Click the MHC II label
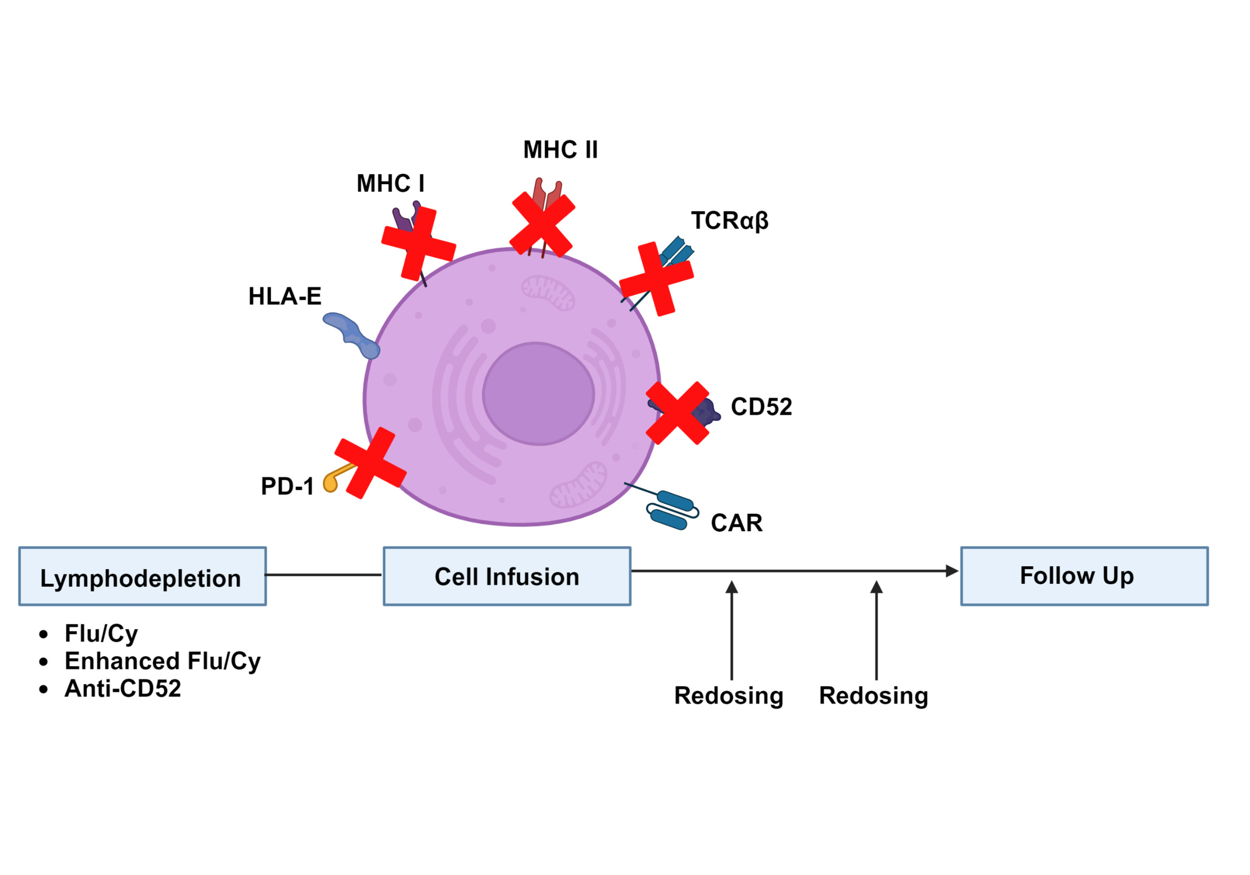pos(560,150)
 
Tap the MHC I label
pos(391,184)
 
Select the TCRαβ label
pos(730,220)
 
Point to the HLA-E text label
pos(285,297)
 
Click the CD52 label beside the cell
pos(761,407)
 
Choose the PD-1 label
pos(288,486)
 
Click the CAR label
pos(737,523)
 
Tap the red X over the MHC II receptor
pos(543,224)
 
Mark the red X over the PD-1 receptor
pos(370,463)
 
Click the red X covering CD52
pos(677,413)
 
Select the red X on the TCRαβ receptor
pos(657,279)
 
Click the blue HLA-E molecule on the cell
pos(351,333)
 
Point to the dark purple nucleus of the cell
pos(538,394)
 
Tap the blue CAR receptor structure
pos(673,510)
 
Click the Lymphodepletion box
pos(143,576)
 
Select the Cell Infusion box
pos(507,576)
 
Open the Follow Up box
pos(1084,576)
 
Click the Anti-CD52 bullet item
pos(122,689)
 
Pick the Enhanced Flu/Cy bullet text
pos(162,661)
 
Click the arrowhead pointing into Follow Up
pos(952,571)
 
